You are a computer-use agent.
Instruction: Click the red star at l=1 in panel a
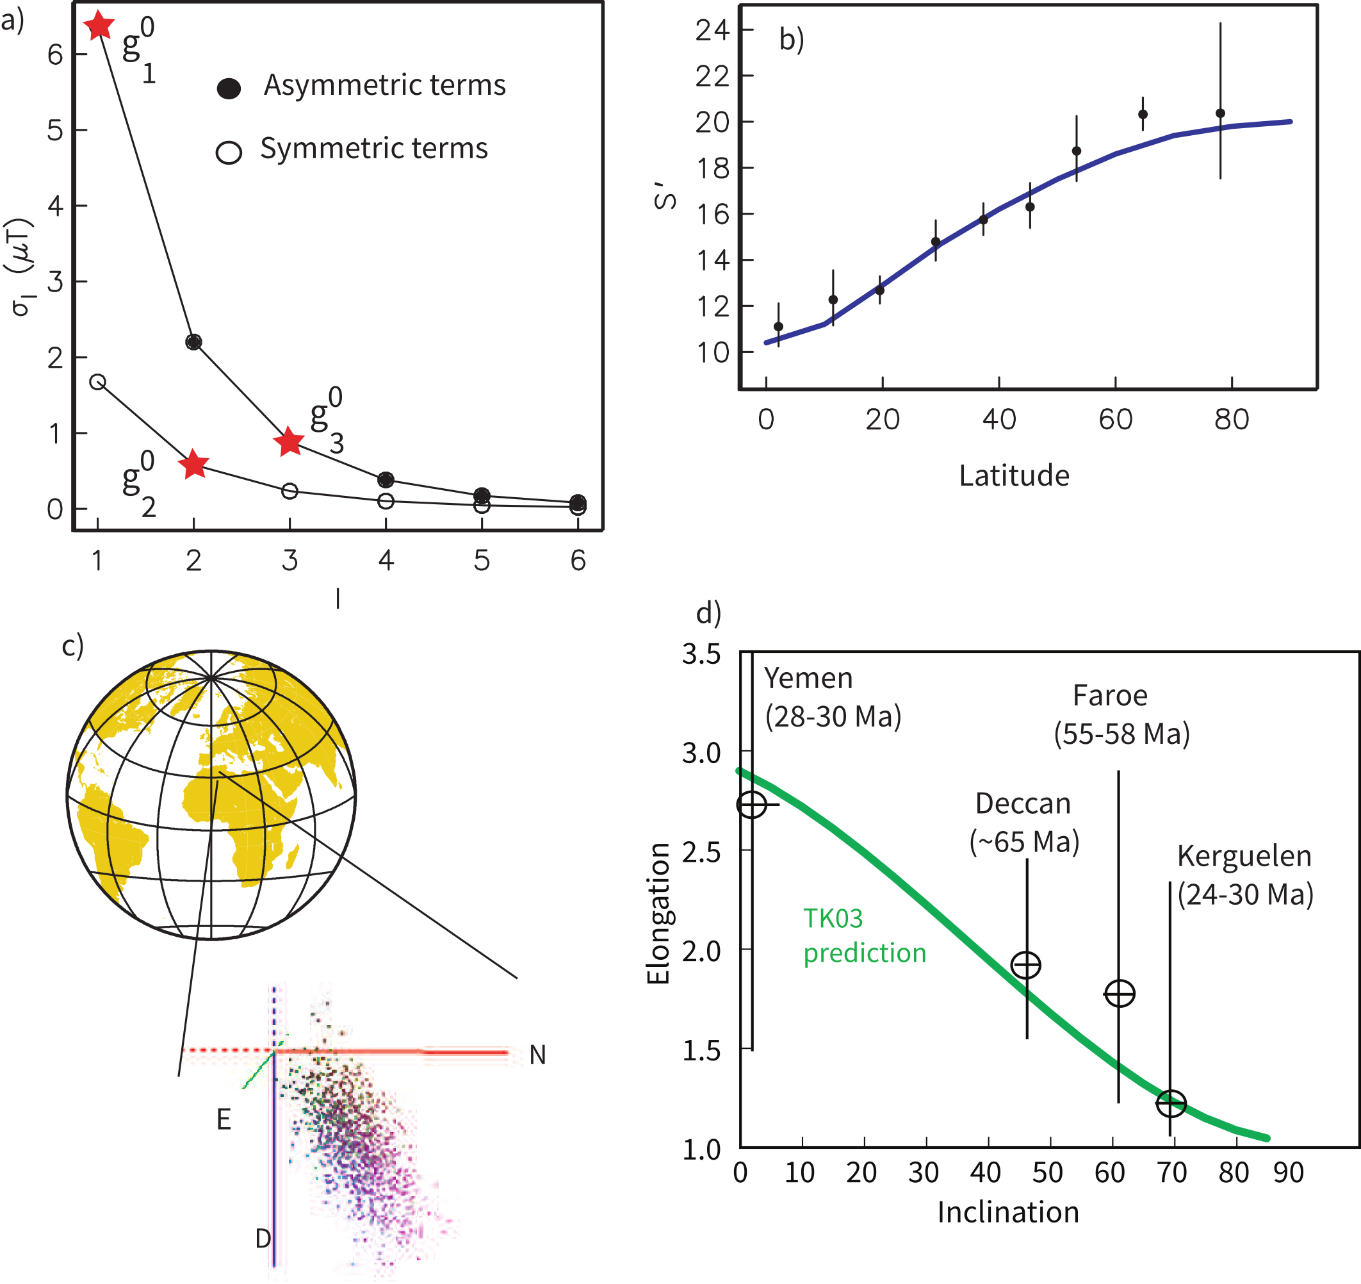[x=99, y=26]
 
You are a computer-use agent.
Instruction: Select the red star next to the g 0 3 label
[x=289, y=441]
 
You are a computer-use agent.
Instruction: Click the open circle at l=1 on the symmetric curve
[x=98, y=382]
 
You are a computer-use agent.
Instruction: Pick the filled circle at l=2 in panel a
[x=194, y=342]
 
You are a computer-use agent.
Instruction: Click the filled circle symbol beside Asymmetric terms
[x=229, y=88]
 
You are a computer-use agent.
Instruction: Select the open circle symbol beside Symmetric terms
[x=229, y=152]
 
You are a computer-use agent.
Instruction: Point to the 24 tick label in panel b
[x=712, y=30]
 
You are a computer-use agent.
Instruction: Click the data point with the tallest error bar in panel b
[x=1220, y=113]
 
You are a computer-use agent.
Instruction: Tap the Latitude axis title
[x=1014, y=475]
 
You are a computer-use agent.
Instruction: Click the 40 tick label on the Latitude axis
[x=999, y=419]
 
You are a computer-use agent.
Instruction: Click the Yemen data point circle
[x=752, y=804]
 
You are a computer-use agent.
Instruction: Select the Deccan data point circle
[x=1026, y=965]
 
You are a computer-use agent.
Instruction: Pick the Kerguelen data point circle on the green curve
[x=1171, y=1103]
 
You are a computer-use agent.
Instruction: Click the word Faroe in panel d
[x=1110, y=695]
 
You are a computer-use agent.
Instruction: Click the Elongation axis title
[x=658, y=914]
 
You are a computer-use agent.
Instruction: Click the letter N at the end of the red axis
[x=537, y=1055]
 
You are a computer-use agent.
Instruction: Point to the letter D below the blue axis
[x=263, y=1238]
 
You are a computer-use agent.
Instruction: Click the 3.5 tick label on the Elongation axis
[x=701, y=654]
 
